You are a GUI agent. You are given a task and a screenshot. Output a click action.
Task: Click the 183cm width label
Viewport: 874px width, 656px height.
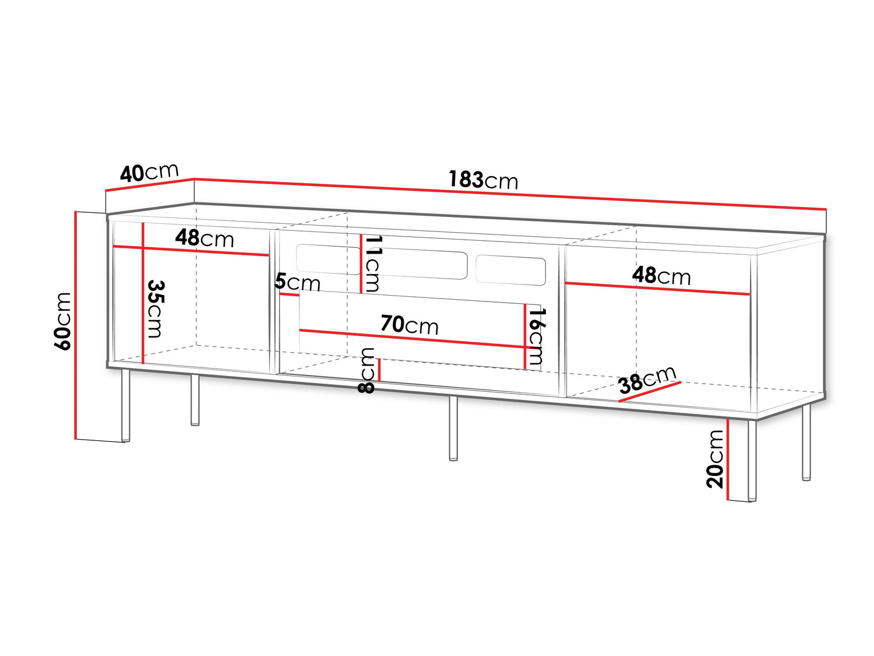pos(483,180)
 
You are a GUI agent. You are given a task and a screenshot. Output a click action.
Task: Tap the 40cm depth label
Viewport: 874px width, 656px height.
pos(149,172)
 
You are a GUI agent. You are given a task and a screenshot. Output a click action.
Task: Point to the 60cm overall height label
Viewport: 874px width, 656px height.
pos(62,321)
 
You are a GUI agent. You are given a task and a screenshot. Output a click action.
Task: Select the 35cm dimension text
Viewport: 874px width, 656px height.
pos(155,308)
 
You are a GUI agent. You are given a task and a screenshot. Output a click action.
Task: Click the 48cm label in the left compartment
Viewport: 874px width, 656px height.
pos(205,238)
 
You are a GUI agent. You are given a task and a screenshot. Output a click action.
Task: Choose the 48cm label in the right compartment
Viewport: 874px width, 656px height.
pos(661,275)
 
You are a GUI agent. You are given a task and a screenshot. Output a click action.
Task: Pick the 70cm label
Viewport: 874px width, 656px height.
pos(410,324)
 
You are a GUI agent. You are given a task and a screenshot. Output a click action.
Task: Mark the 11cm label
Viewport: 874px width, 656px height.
pos(371,264)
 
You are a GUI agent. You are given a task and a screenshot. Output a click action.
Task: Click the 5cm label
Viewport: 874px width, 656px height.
pos(297,282)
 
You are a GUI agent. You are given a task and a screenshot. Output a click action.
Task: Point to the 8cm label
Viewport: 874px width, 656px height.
pos(367,370)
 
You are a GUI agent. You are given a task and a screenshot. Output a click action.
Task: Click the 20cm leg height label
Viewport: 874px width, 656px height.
pos(715,459)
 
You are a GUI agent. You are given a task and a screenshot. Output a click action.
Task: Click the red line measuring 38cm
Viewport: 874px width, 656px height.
pos(650,392)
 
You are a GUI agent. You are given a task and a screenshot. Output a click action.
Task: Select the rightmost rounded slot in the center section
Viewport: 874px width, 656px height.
pos(510,270)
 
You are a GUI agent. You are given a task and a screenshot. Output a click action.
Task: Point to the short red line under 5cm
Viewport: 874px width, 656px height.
pos(289,294)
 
